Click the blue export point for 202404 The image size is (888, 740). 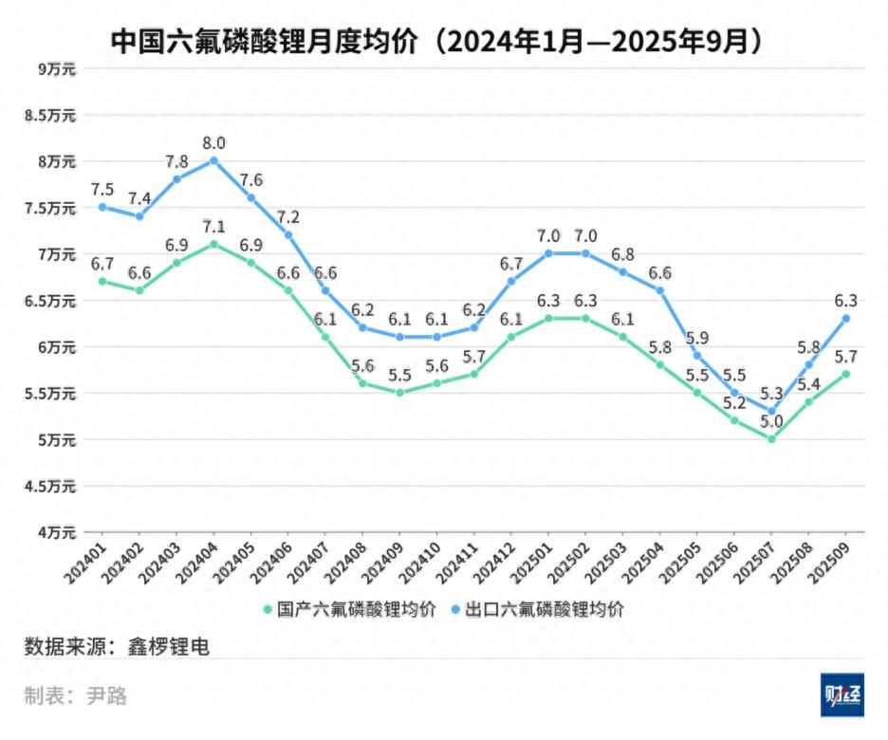213,160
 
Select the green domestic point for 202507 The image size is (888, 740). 771,439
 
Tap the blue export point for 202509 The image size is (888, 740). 845,319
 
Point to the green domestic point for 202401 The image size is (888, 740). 102,281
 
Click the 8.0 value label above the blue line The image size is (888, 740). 213,143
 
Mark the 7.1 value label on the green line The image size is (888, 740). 213,227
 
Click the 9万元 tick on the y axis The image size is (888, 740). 56,68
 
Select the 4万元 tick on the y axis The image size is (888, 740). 56,532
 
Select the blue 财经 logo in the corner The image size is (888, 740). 842,697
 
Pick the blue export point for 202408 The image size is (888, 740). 362,328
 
